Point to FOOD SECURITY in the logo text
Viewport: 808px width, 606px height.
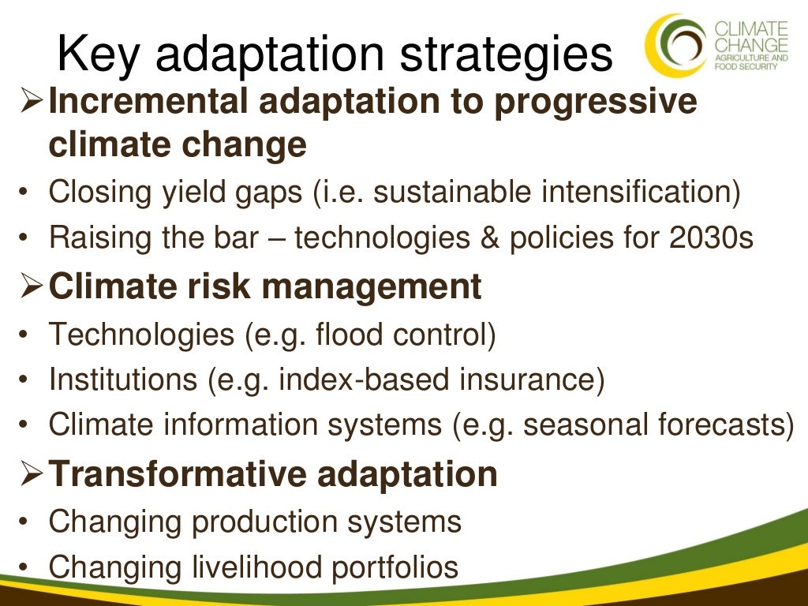click(x=746, y=67)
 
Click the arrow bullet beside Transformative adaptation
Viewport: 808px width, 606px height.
click(x=31, y=474)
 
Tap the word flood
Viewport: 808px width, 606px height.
click(x=347, y=335)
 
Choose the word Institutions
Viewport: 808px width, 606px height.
click(x=123, y=380)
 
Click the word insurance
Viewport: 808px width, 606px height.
click(x=529, y=380)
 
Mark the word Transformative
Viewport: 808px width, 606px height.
click(x=178, y=474)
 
